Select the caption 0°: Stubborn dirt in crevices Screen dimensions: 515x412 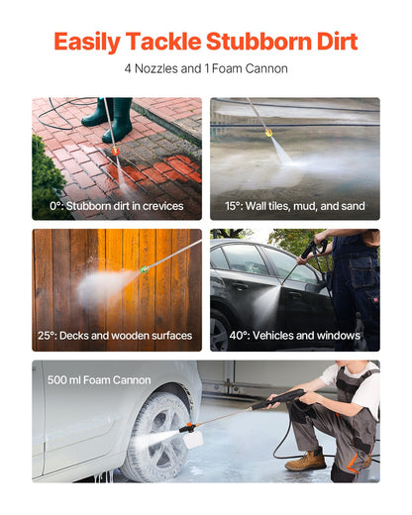[116, 206]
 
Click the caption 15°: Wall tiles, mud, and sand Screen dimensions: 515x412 [294, 206]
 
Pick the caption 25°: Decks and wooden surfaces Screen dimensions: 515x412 [116, 336]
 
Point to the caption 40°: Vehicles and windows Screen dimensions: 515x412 [294, 336]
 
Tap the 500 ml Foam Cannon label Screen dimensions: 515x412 [99, 380]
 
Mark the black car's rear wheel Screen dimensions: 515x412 [221, 330]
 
